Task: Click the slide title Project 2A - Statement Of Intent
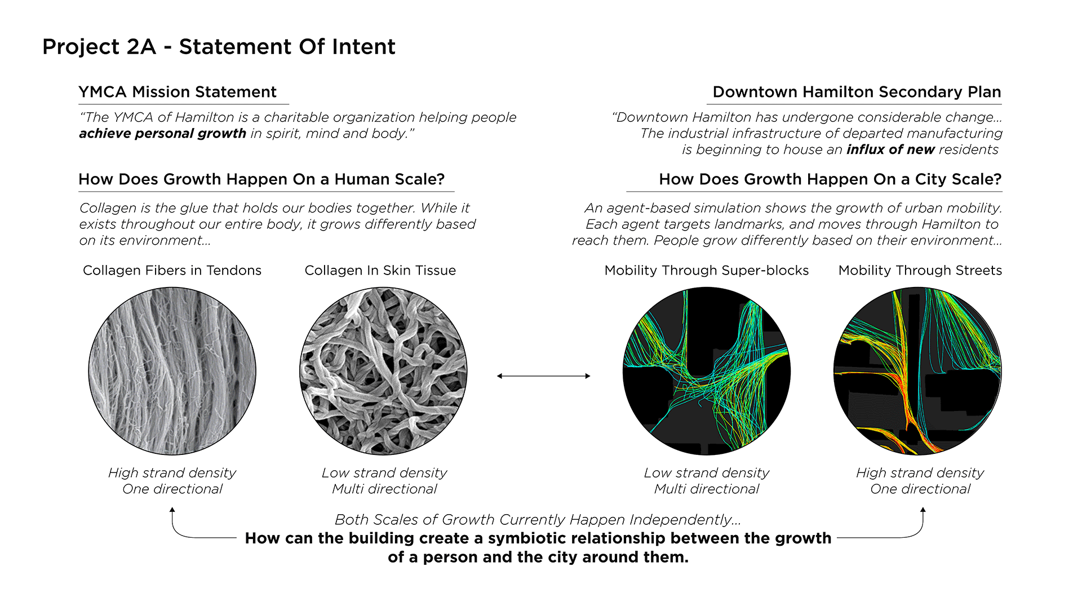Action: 219,47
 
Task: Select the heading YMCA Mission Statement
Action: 178,92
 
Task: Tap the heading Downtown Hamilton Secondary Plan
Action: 857,92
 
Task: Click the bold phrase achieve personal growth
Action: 162,134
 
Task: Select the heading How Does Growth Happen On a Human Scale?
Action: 261,179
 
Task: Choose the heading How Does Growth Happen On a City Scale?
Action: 830,179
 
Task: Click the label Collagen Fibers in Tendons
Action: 172,271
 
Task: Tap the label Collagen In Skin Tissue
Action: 380,271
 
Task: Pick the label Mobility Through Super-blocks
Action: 706,271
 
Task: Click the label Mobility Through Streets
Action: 920,271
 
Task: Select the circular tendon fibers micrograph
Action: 172,371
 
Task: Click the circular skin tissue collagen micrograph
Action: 383,371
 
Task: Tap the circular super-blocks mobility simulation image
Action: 706,371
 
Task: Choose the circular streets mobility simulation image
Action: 917,371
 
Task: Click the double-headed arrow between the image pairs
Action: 543,376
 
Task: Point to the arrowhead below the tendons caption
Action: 172,510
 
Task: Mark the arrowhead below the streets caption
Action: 923,510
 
